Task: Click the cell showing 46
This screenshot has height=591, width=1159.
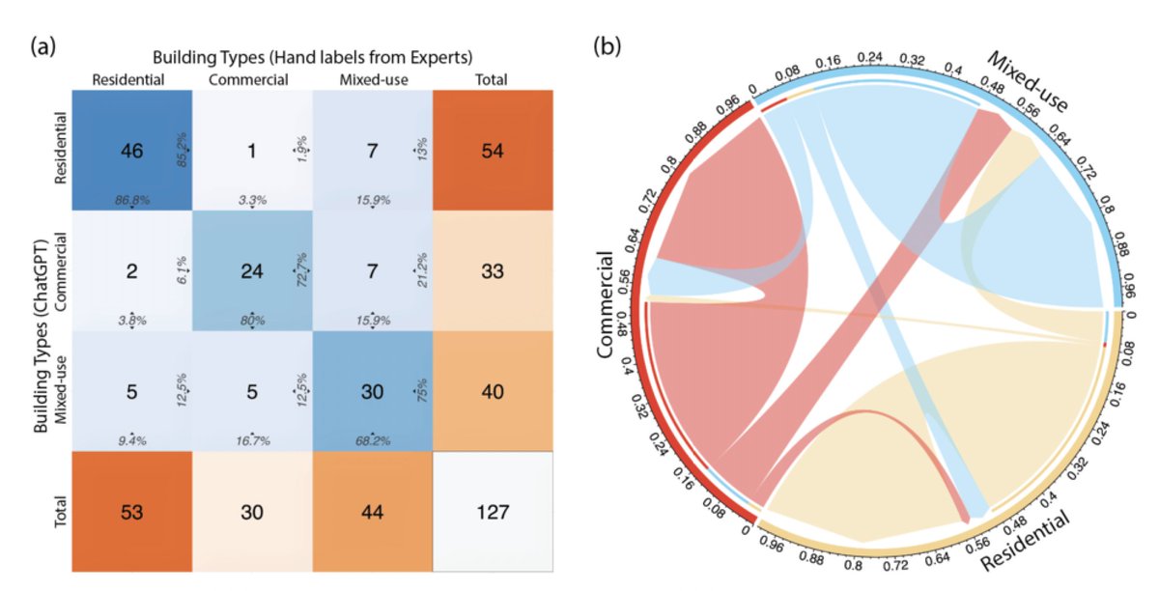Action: click(132, 151)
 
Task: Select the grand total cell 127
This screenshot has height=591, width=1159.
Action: click(493, 512)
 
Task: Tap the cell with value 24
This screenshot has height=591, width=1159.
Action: click(252, 271)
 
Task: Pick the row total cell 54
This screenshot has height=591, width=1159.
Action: click(493, 151)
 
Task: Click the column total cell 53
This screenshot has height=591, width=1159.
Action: click(132, 512)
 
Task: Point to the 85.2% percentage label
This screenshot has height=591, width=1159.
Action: click(183, 150)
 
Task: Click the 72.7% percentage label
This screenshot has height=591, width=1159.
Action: click(302, 270)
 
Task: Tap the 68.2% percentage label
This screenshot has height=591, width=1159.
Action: click(373, 441)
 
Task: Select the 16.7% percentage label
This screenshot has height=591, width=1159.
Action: click(253, 441)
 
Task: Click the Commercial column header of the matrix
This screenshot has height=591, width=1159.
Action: click(248, 80)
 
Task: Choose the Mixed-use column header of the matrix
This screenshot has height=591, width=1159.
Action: click(374, 80)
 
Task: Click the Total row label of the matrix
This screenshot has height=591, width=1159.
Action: click(61, 512)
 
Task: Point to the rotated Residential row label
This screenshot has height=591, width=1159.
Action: click(61, 148)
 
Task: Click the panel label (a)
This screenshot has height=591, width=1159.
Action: click(43, 47)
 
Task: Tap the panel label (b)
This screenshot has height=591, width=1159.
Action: click(608, 46)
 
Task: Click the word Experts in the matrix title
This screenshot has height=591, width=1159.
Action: click(439, 57)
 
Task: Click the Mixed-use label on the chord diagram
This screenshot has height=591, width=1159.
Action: click(1028, 82)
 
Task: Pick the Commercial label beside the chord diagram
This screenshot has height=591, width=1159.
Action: click(605, 304)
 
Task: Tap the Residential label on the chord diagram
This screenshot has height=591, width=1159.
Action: click(1025, 541)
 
